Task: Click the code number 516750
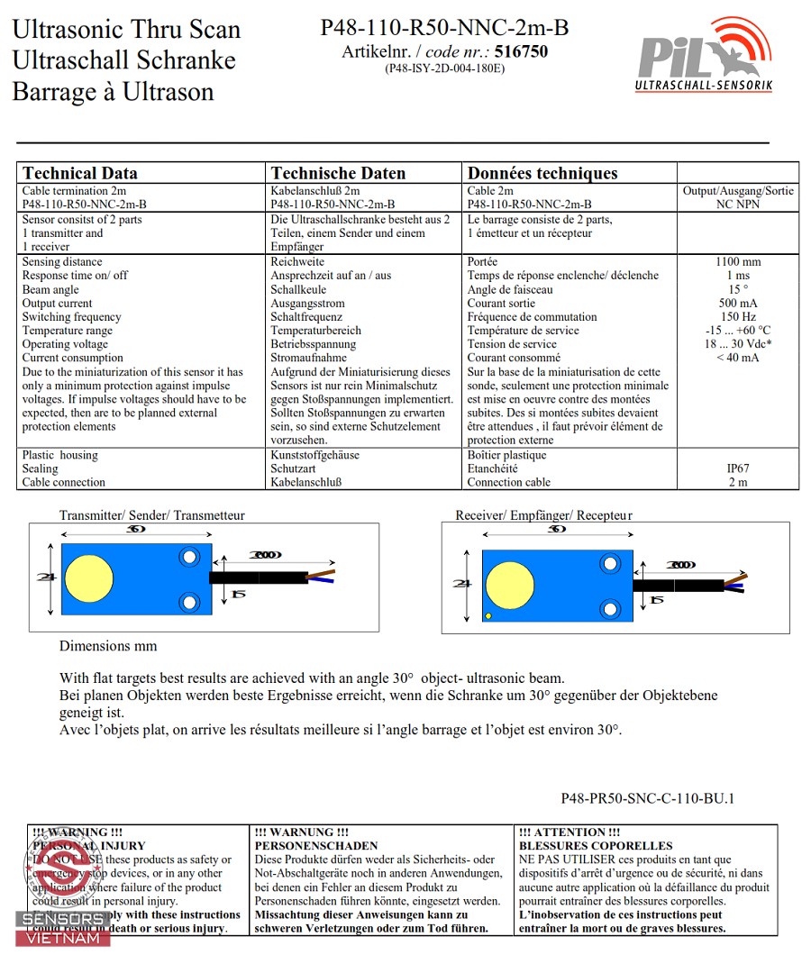[x=522, y=52]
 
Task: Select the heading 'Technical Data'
[x=80, y=174]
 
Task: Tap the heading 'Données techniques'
[x=542, y=174]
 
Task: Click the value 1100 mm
[x=737, y=262]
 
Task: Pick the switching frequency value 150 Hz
[x=737, y=317]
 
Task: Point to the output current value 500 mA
[x=737, y=304]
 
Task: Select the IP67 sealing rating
[x=737, y=468]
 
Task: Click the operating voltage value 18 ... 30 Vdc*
[x=737, y=344]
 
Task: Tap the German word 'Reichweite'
[x=298, y=262]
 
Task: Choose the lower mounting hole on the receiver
[x=613, y=609]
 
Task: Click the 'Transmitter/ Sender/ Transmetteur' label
[x=151, y=515]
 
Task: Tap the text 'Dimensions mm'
[x=108, y=646]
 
